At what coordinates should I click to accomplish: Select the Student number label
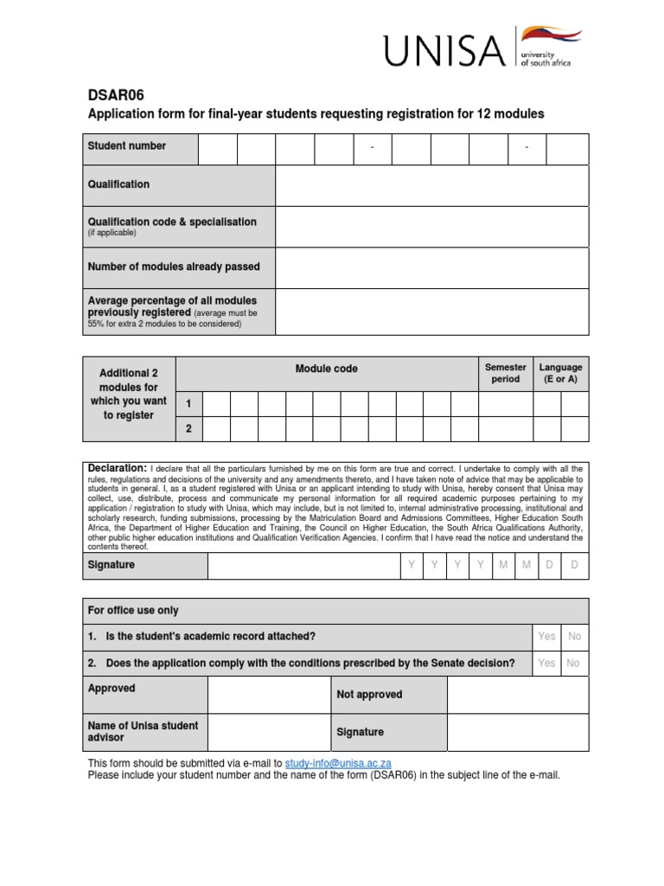tap(127, 146)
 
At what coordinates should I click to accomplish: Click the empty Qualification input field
tap(431, 185)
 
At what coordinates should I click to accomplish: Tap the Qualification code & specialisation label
tap(172, 222)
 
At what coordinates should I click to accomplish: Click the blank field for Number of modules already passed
tap(431, 267)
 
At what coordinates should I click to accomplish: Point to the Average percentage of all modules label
tap(172, 301)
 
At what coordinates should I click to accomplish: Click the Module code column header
tap(326, 369)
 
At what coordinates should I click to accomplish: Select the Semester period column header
tap(506, 373)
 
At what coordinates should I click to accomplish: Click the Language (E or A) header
tap(560, 373)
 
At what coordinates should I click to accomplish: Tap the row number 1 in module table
tap(188, 404)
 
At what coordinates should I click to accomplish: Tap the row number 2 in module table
tap(188, 429)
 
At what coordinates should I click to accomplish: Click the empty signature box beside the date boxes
tap(303, 566)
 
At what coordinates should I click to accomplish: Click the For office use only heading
tap(133, 610)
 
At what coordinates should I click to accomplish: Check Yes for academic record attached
tap(546, 637)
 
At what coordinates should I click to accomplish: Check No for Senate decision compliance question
tap(575, 664)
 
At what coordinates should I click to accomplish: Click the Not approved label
tap(369, 695)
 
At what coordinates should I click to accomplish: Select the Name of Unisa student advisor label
tap(143, 731)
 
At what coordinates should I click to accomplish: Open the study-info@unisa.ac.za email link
tap(339, 763)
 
